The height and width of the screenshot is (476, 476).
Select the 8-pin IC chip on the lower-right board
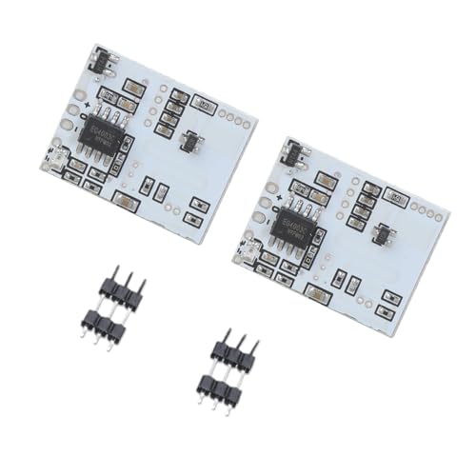(x=294, y=224)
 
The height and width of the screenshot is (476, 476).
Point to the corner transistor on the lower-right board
(x=294, y=150)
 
